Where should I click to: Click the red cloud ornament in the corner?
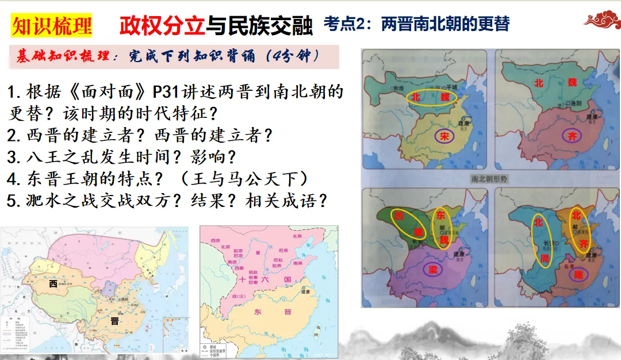pos(601,20)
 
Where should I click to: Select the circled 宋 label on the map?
pos(444,136)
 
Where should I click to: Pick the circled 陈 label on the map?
pos(578,275)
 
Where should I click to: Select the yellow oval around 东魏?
pos(442,228)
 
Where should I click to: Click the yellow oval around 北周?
pos(541,240)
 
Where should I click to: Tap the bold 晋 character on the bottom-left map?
pos(114,321)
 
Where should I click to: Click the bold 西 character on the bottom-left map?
pos(53,284)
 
